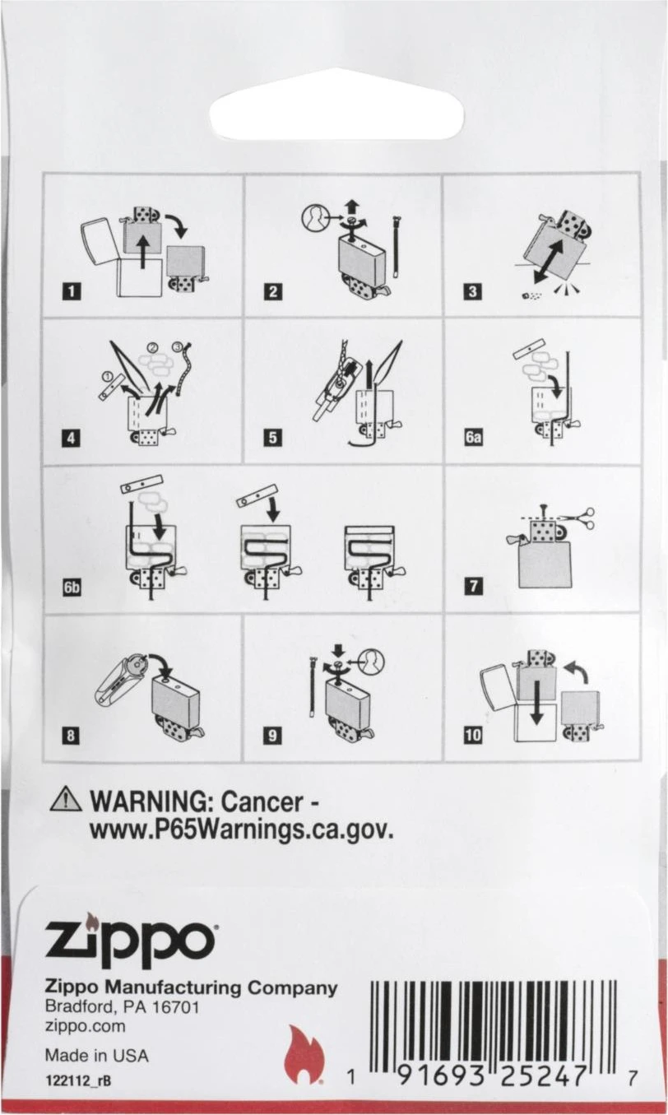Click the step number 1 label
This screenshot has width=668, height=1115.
(x=72, y=291)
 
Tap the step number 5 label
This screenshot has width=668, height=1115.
(x=273, y=438)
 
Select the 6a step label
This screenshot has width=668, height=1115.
(x=473, y=438)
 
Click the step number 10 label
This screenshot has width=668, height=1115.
(x=473, y=735)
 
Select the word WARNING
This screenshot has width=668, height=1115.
(x=151, y=801)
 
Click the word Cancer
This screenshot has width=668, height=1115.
(x=262, y=801)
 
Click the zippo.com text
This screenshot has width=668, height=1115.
(x=85, y=1026)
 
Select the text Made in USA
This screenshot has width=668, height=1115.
(x=96, y=1055)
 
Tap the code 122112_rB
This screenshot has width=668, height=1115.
(x=77, y=1081)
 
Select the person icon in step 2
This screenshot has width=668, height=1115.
(x=318, y=219)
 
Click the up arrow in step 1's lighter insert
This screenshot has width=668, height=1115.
(x=144, y=252)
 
